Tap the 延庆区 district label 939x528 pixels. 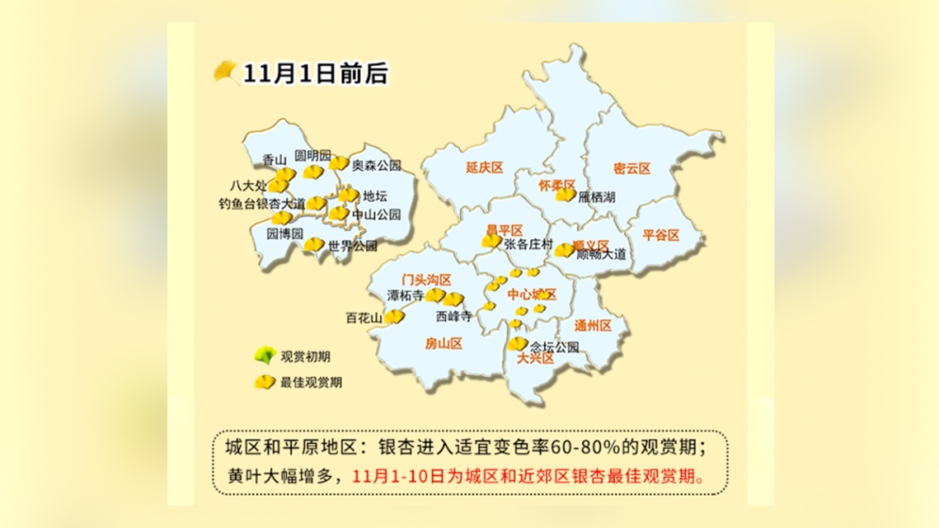pos(484,168)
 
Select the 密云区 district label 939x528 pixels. pos(631,168)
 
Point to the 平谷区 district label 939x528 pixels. pos(661,235)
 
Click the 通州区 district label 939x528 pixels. pos(593,326)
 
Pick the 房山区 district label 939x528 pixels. pos(443,344)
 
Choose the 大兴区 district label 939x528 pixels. pos(536,358)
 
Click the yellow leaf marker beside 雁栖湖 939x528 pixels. pos(566,195)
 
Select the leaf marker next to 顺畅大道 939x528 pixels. pos(565,250)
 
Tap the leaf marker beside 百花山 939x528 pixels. pos(395,317)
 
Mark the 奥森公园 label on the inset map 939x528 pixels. pos(376,165)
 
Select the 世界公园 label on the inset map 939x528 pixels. pos(353,246)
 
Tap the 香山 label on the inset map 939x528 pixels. pos(274,160)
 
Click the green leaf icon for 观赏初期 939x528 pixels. pos(263,355)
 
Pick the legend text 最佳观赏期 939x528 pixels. pos(310,382)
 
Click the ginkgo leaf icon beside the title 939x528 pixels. pos(226,71)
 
